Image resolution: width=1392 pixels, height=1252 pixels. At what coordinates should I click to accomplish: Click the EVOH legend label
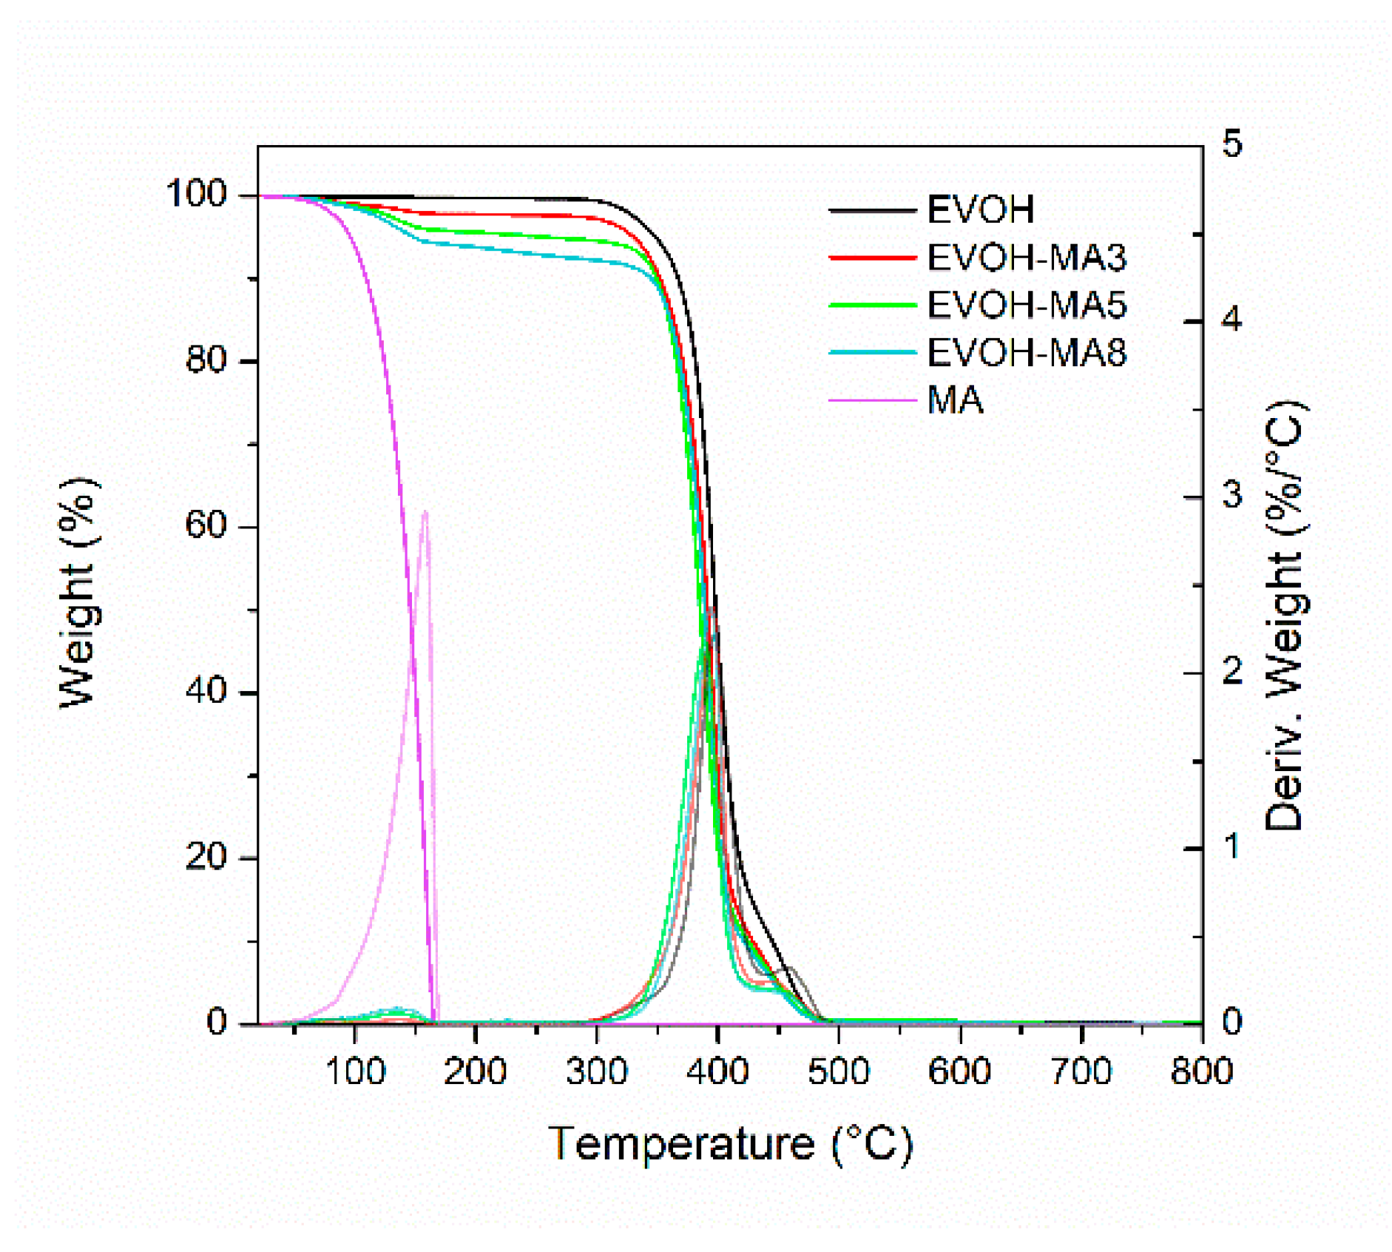coord(980,210)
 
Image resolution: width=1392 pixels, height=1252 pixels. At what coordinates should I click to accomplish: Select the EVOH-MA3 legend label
coord(1026,258)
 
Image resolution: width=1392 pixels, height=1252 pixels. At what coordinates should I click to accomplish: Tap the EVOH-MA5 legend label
coord(1026,305)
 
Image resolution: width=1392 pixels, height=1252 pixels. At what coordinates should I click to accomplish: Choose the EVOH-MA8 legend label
coord(1026,352)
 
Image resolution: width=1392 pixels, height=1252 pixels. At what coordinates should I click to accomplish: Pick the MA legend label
coord(955,400)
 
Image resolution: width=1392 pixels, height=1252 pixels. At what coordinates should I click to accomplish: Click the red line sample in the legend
coord(873,258)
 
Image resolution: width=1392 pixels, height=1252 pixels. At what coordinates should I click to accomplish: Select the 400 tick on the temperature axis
coord(717,1071)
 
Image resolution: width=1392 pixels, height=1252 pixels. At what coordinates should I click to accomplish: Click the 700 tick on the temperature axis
coord(1081,1071)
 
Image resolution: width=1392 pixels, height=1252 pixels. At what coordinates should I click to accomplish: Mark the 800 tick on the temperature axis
coord(1201,1071)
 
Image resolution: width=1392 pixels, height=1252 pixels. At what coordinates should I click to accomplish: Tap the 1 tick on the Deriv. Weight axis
coord(1231,847)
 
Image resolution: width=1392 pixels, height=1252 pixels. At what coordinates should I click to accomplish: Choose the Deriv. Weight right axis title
coord(1285,614)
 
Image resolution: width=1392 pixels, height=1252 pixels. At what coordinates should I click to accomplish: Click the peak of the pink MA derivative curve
coord(425,512)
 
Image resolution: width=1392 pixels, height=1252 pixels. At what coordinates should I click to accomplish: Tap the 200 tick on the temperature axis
coord(475,1071)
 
